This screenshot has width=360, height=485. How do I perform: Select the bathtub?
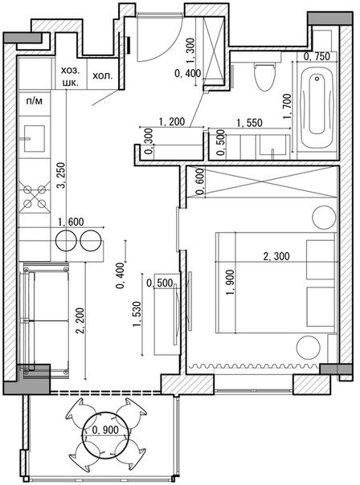tap(319, 110)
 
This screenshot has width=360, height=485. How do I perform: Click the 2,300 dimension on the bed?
tap(277, 258)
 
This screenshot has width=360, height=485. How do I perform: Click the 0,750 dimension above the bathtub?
tap(317, 56)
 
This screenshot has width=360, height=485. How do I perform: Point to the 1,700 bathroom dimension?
tap(287, 106)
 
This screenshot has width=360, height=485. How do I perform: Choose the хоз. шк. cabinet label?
tap(70, 78)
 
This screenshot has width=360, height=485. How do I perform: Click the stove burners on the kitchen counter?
tap(35, 198)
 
